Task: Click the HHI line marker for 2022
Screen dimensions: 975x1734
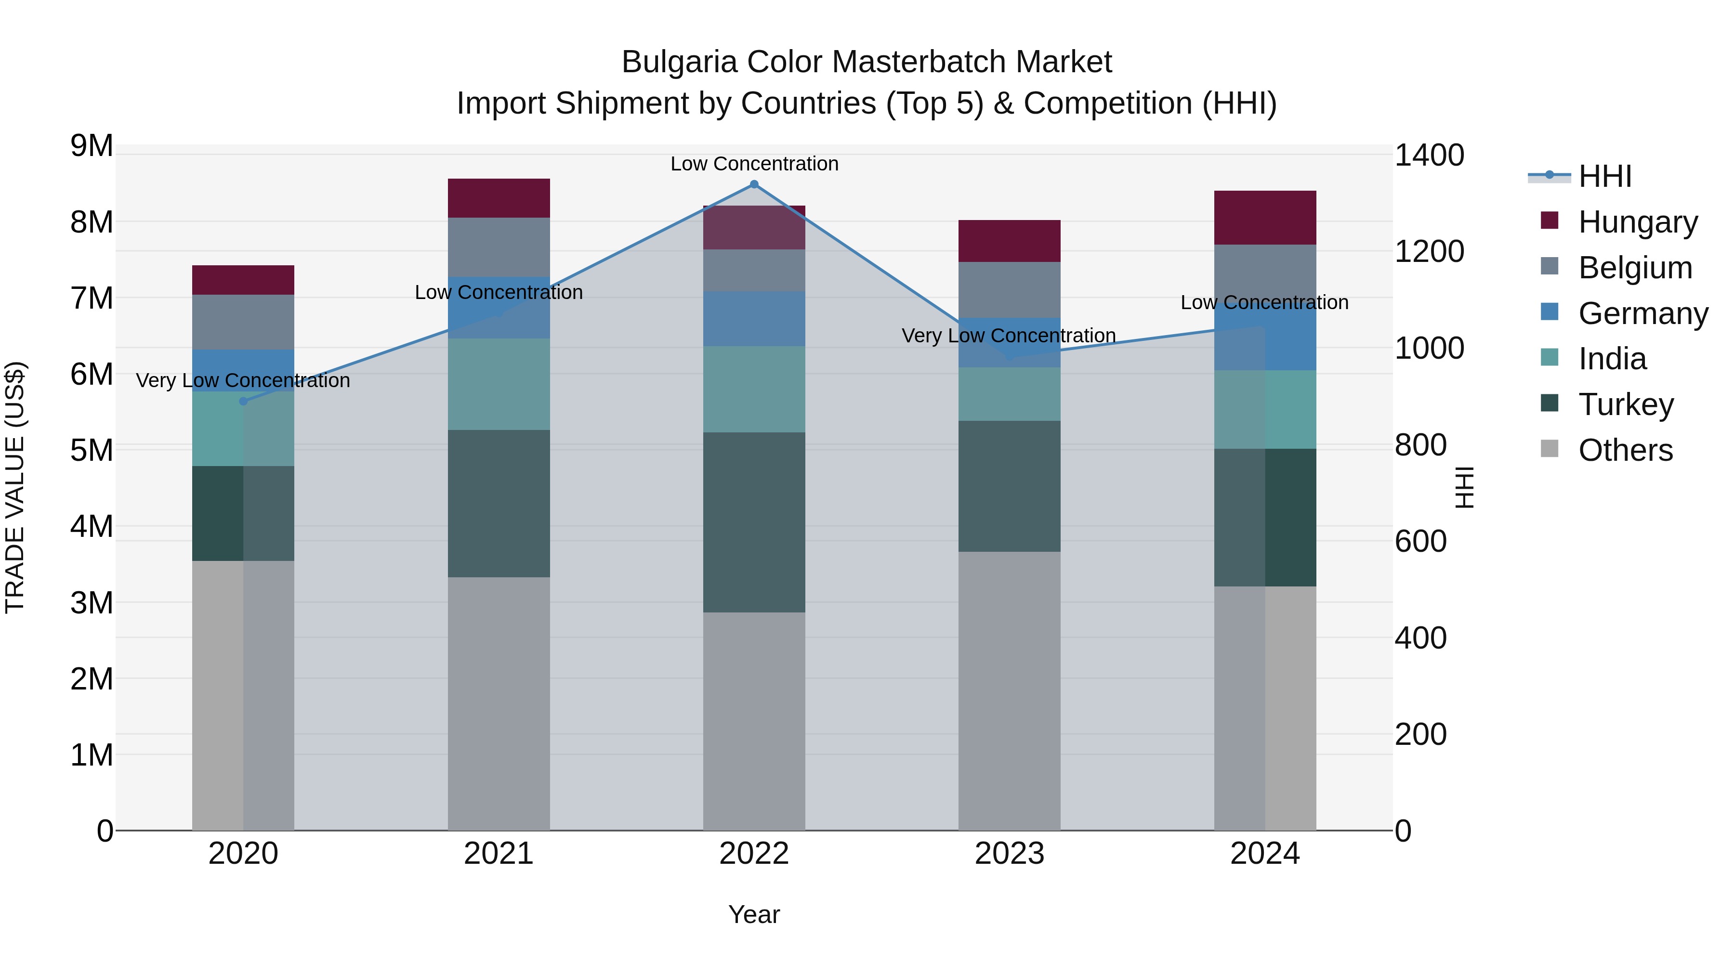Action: click(x=754, y=184)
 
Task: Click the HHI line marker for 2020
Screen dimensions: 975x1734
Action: click(x=244, y=401)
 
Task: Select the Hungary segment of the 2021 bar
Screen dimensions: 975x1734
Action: click(x=499, y=198)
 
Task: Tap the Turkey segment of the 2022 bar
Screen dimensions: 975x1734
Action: click(x=754, y=522)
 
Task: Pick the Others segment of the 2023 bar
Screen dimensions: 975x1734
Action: click(x=1009, y=690)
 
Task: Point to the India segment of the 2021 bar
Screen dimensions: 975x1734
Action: click(x=499, y=384)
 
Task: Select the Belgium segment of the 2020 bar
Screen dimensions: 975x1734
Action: click(x=243, y=322)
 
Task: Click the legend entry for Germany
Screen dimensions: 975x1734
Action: click(x=1642, y=313)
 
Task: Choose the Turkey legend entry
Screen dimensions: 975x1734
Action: click(x=1625, y=404)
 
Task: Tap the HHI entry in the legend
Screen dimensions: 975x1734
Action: click(x=1605, y=176)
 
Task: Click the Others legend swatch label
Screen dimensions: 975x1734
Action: click(x=1625, y=450)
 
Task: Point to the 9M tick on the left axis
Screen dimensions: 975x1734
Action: click(x=92, y=146)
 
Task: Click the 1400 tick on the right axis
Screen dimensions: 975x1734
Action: click(x=1429, y=156)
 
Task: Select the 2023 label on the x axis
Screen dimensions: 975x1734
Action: click(x=1009, y=854)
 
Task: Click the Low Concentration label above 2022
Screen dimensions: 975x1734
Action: click(x=754, y=164)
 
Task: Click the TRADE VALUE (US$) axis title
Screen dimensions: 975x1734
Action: click(x=15, y=487)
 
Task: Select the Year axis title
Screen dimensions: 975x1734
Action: click(x=754, y=914)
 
